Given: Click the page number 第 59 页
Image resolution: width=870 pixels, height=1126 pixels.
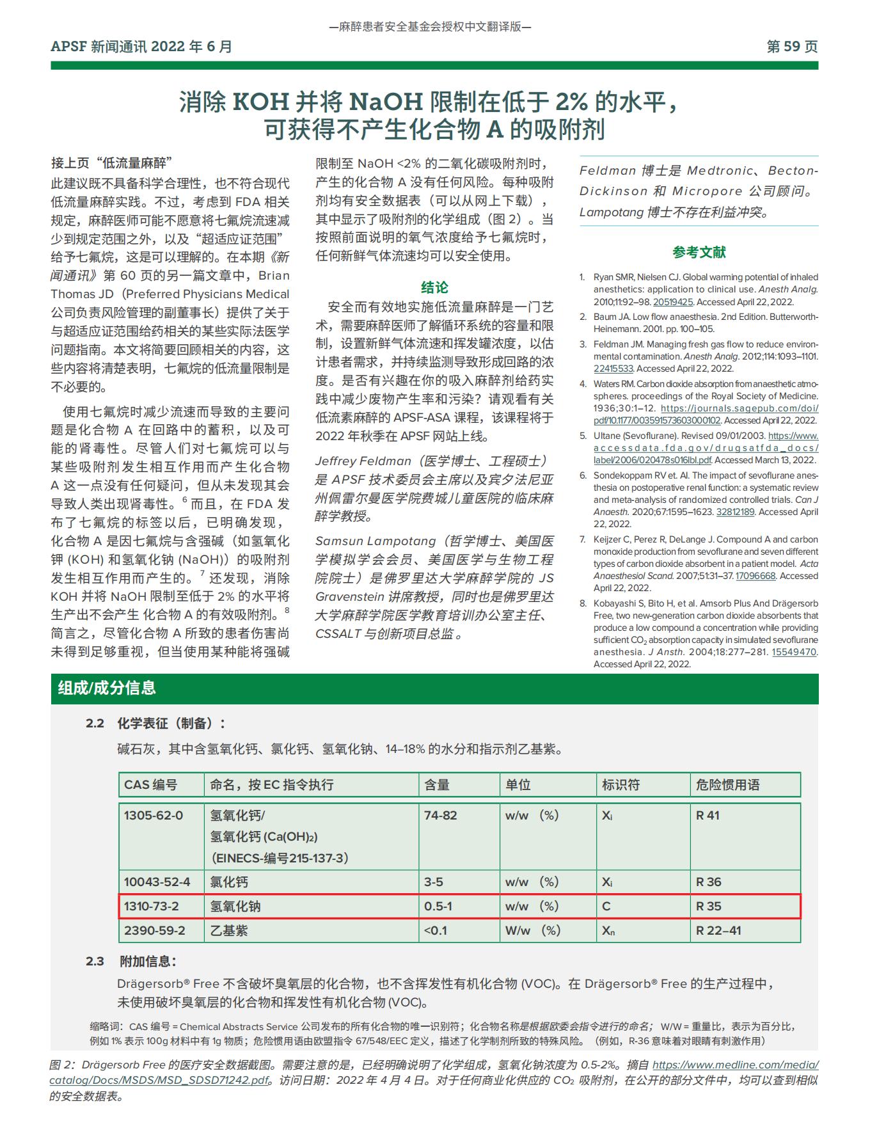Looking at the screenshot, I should coord(792,47).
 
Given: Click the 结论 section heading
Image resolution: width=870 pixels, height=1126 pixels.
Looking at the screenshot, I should coord(434,287).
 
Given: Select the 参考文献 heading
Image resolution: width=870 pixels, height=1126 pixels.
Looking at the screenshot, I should coord(699,252).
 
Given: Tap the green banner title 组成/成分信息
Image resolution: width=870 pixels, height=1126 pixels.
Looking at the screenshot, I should coord(107,688).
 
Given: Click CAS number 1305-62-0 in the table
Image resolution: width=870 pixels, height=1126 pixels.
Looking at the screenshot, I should coord(154,816).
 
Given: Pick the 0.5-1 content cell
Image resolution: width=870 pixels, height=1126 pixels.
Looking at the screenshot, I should coord(438,907).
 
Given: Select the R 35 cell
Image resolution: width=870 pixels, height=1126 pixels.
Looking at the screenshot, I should coord(709,907).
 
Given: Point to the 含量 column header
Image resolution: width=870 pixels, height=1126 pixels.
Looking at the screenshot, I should coord(438,785).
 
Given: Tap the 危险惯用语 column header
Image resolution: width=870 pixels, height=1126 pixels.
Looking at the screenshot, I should coord(728,785).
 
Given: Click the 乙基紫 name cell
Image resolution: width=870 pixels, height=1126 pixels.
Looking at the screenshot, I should coord(229,931).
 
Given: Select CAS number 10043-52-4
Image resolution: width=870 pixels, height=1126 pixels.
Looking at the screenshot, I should coord(157,882).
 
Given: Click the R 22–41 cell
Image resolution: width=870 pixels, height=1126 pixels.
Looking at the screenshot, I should coord(718,931).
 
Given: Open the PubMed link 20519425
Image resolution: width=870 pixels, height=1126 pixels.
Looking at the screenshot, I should coord(672,302).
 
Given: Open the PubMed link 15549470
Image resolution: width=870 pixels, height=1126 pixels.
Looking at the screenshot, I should coord(794,652).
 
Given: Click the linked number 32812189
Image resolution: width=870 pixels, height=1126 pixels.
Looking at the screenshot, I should coord(735,512).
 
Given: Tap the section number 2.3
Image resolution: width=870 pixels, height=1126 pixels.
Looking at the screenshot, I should coord(95,962).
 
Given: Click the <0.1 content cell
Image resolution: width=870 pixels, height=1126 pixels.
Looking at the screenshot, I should coord(436,931).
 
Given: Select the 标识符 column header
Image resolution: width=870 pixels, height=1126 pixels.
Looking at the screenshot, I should coord(621,785).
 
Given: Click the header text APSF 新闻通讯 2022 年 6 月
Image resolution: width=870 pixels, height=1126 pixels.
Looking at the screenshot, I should coord(141,47).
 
